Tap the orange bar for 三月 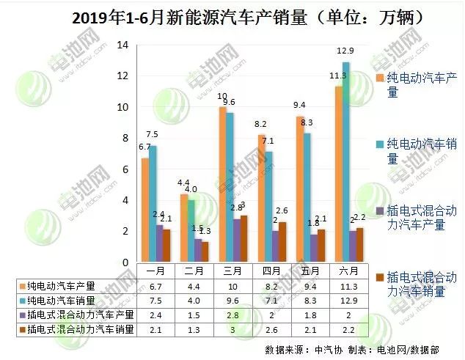[222, 184]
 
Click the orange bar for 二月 [183, 228]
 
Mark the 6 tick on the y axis [125, 169]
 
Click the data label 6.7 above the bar [143, 147]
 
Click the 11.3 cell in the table [342, 286]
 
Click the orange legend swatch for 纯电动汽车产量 [379, 77]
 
